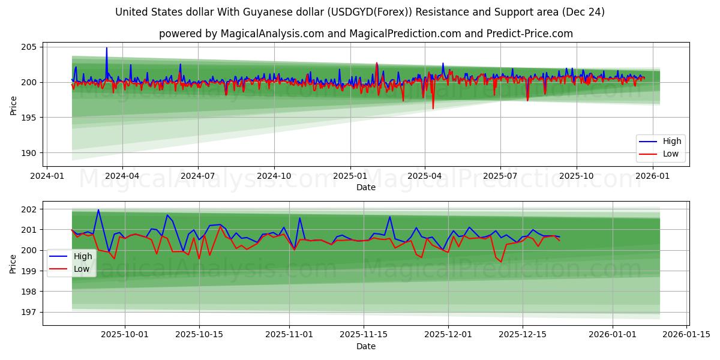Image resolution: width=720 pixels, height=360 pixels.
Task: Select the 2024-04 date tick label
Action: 122,176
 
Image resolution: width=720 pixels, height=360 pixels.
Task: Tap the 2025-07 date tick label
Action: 500,176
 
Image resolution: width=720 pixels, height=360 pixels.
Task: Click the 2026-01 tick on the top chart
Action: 652,176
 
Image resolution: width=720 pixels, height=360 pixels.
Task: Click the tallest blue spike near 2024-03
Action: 107,49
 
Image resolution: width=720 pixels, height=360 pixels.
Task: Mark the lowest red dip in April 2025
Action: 433,108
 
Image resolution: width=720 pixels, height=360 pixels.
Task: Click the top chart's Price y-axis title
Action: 13,105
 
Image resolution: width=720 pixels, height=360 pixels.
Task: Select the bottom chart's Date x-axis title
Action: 365,346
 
